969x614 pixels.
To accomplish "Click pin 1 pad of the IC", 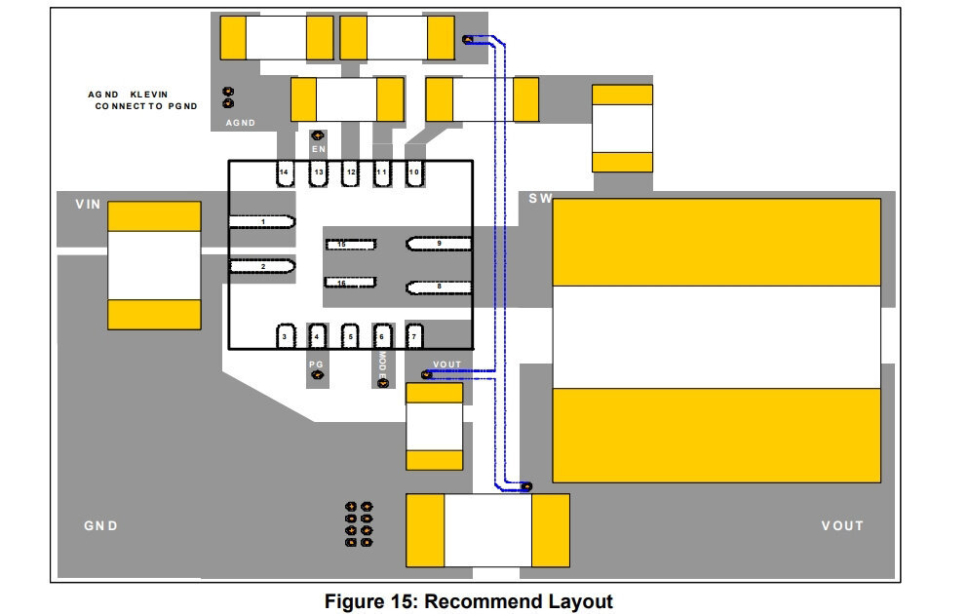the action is point(262,222).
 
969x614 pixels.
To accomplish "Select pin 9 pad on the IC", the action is point(439,244).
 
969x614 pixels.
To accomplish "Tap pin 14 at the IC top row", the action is point(285,173).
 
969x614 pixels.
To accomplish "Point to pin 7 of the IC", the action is point(414,336).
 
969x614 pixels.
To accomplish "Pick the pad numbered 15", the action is point(350,245).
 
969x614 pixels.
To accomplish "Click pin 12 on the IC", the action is point(350,173).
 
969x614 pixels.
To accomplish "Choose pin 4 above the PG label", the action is point(317,336).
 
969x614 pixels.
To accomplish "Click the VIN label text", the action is point(88,205).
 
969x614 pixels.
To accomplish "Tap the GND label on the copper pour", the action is point(100,526).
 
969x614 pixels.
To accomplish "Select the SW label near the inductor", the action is point(540,198).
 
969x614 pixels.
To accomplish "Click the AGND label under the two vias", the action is point(241,123).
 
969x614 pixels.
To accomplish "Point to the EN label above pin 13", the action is point(319,149).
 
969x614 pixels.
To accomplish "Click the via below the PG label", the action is point(317,375).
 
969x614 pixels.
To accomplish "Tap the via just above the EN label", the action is point(318,135).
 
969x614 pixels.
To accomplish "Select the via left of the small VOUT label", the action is point(426,374).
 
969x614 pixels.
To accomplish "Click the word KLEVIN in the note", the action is point(149,95).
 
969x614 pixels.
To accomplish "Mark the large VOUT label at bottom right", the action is point(842,526).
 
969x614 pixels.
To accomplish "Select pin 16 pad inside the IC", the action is point(350,283).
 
